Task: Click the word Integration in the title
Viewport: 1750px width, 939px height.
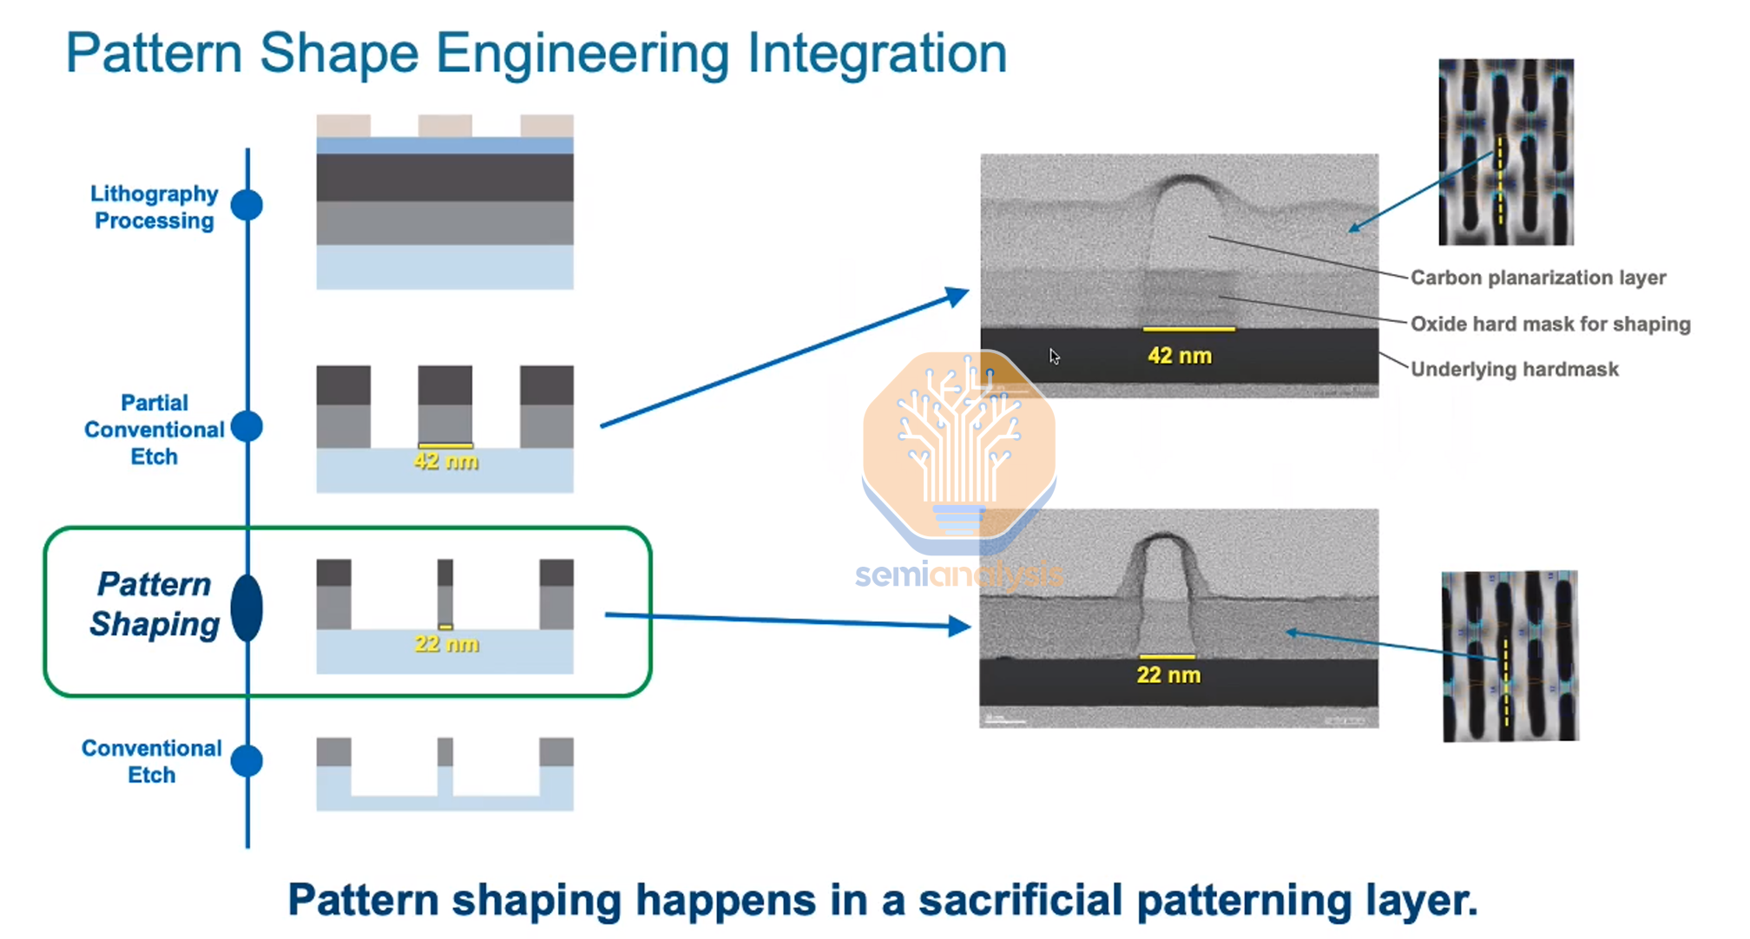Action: [877, 54]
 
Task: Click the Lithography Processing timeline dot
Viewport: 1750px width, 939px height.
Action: [247, 206]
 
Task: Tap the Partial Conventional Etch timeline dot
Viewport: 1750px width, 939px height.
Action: [247, 426]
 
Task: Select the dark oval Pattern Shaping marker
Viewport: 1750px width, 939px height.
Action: [247, 607]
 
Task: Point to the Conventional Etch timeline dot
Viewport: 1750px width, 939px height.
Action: [247, 761]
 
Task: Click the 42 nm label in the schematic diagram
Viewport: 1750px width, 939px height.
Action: [445, 461]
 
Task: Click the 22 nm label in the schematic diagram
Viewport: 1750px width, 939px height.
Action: [446, 644]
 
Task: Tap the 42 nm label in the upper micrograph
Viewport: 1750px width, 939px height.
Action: [1179, 356]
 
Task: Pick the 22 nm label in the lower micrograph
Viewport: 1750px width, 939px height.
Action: [1168, 675]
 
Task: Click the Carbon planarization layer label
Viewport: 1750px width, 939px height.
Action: [1537, 278]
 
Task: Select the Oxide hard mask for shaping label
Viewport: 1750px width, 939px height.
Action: [1549, 324]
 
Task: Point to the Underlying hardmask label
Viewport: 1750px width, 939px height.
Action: [1514, 370]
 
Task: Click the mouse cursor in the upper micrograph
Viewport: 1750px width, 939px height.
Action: [1054, 357]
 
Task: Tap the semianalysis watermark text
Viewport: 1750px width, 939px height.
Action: [958, 575]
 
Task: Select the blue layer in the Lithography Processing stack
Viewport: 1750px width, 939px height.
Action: [444, 146]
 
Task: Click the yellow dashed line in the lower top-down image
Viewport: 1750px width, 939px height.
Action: [1506, 681]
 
